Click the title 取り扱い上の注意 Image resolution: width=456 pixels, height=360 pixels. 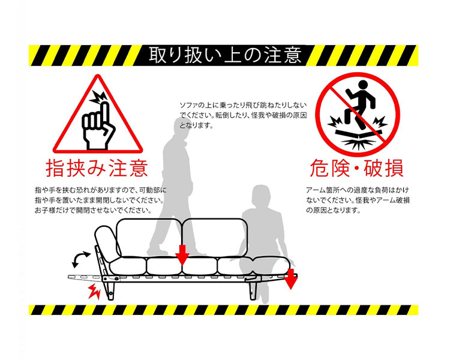(x=225, y=55)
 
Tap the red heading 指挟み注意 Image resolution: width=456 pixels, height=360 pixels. (x=97, y=168)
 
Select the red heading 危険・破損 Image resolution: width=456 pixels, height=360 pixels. (x=356, y=168)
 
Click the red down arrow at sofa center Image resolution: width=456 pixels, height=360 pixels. (x=182, y=255)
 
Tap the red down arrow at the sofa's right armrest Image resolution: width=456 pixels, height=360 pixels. (x=290, y=279)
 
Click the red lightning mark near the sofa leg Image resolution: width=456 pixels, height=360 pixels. (x=94, y=291)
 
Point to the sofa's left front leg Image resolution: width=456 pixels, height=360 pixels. (x=110, y=289)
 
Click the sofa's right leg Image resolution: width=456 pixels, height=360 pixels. (x=253, y=289)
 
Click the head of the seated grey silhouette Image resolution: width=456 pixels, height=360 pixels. (x=261, y=196)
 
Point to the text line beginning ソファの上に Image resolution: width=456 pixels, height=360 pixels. (x=243, y=105)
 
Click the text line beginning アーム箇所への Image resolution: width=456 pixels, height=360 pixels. (x=358, y=190)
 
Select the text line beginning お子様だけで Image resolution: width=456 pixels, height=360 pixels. (x=94, y=210)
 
